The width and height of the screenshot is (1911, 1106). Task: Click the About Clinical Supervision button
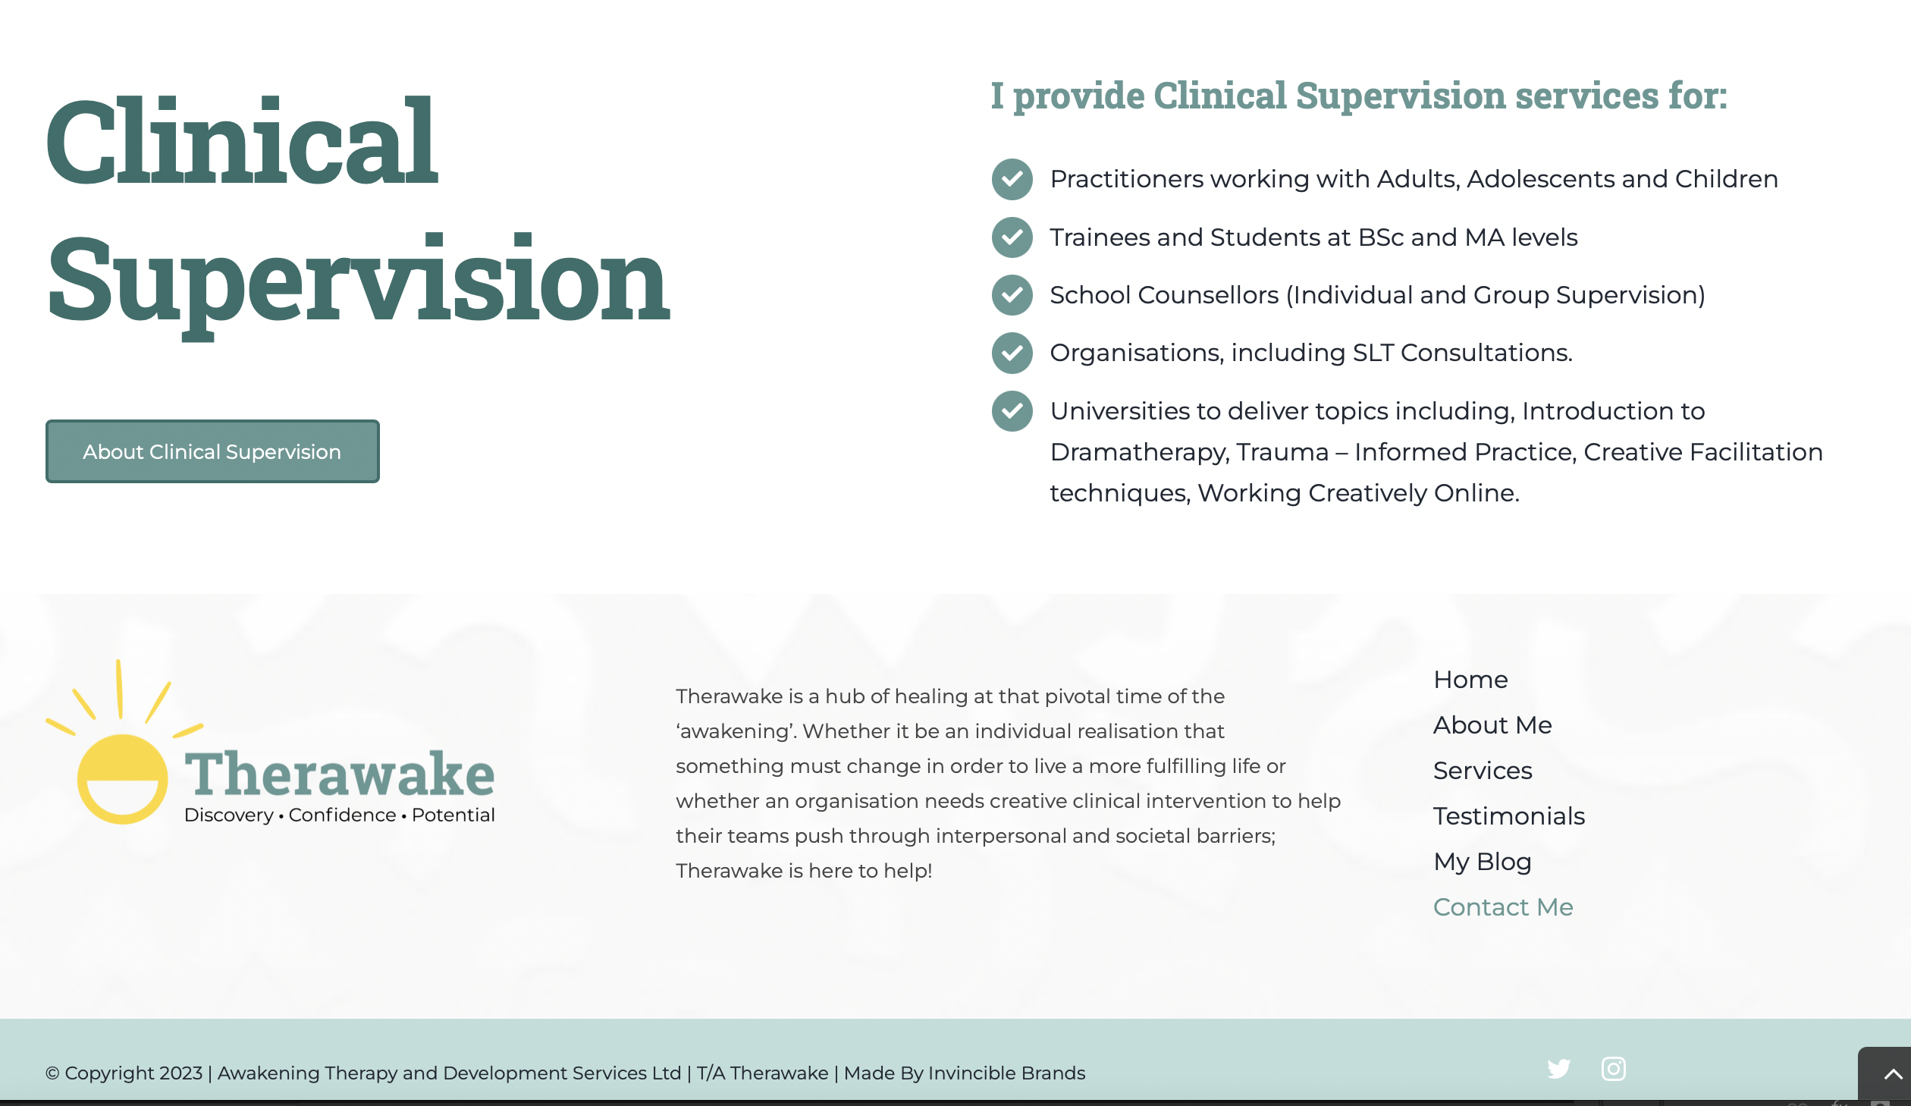click(x=212, y=451)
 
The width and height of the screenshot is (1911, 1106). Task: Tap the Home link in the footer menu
click(x=1470, y=680)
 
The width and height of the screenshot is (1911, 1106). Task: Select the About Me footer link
click(x=1492, y=725)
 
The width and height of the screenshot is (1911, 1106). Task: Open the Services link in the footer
click(x=1483, y=771)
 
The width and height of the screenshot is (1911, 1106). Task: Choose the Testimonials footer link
click(x=1509, y=816)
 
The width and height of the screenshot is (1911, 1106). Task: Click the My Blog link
click(x=1483, y=862)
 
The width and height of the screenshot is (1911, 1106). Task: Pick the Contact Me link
click(x=1503, y=907)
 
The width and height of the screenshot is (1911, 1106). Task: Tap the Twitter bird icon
click(x=1559, y=1069)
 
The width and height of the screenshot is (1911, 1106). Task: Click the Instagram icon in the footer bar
click(x=1613, y=1069)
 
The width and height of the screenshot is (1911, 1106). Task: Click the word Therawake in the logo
click(x=340, y=774)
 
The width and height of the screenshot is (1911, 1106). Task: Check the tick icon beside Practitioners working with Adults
click(x=1012, y=179)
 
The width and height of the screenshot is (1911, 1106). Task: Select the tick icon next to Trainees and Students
click(x=1012, y=237)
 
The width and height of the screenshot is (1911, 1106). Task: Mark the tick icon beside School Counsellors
click(x=1012, y=295)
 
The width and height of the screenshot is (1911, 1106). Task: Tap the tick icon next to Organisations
click(x=1012, y=353)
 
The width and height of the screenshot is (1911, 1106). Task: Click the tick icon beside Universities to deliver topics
click(x=1012, y=411)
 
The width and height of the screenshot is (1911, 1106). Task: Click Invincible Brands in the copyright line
click(x=1006, y=1073)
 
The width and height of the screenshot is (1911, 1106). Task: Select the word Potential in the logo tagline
click(x=453, y=815)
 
